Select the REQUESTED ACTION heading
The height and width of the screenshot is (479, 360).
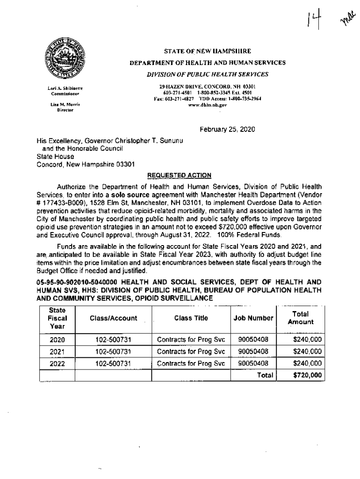click(x=180, y=175)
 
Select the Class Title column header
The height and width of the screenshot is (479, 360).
click(x=191, y=318)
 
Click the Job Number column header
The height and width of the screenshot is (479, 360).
click(x=253, y=318)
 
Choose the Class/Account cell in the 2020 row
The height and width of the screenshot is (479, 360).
click(x=113, y=340)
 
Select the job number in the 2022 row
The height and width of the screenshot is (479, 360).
click(x=253, y=363)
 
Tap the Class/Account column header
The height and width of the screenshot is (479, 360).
click(x=113, y=318)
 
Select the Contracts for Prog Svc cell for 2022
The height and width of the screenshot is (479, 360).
click(x=191, y=363)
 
